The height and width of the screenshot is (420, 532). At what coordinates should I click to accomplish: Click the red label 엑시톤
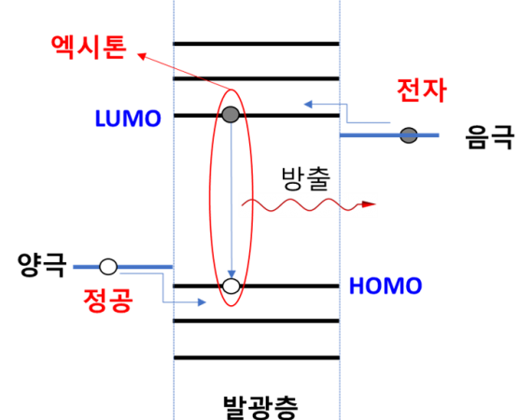click(89, 48)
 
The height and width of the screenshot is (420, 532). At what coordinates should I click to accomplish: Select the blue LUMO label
click(128, 119)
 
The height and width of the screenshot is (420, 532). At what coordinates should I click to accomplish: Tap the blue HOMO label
click(385, 286)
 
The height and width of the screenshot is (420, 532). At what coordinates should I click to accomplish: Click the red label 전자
click(422, 91)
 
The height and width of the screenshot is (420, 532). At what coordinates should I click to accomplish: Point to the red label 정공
click(108, 300)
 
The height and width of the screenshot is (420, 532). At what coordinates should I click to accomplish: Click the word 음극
click(490, 136)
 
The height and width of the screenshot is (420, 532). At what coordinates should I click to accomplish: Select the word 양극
click(42, 265)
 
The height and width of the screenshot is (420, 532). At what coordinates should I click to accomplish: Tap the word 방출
click(306, 178)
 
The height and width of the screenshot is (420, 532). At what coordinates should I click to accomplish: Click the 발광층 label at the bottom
click(260, 408)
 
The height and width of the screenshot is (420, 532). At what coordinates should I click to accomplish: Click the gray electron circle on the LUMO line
click(231, 114)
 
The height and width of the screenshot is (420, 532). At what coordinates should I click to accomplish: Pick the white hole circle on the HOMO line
click(231, 286)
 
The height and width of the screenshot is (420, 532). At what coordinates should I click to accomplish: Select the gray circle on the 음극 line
click(409, 135)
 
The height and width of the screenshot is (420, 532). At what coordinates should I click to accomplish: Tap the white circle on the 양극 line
click(108, 267)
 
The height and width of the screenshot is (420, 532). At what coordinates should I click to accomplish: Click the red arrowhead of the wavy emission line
click(369, 204)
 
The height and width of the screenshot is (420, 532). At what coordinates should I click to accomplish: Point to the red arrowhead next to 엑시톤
click(142, 56)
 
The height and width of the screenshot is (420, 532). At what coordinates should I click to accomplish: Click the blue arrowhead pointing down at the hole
click(231, 274)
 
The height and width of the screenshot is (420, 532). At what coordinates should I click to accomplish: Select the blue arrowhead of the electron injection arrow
click(308, 105)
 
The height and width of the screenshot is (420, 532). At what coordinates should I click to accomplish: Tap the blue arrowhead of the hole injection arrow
click(202, 302)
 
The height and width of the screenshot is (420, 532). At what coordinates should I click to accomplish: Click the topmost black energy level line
click(256, 44)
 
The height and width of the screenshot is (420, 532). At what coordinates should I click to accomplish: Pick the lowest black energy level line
click(257, 357)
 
